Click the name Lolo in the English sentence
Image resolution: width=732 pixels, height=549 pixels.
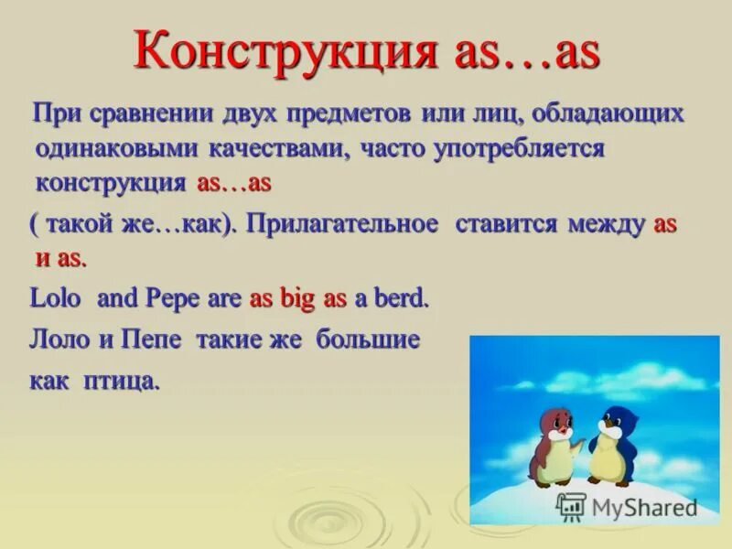point(56,298)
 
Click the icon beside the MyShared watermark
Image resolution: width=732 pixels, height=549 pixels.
point(571,506)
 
